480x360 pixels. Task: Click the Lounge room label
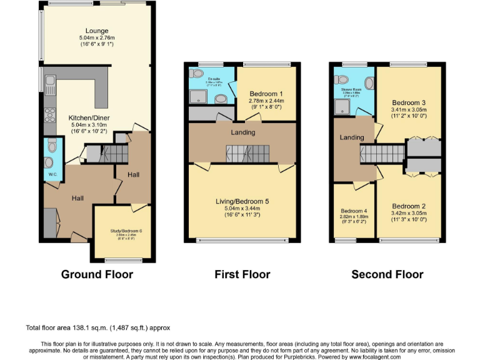tap(97, 31)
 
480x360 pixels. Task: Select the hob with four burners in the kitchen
tap(48, 116)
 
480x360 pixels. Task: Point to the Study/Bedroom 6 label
tap(122, 231)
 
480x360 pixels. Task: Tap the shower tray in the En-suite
tap(197, 95)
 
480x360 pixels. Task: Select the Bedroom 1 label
tap(266, 94)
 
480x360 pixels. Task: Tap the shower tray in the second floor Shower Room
tap(342, 108)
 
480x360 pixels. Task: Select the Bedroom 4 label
tap(354, 211)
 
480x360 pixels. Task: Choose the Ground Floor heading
tap(97, 274)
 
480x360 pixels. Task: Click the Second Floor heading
tap(387, 274)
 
